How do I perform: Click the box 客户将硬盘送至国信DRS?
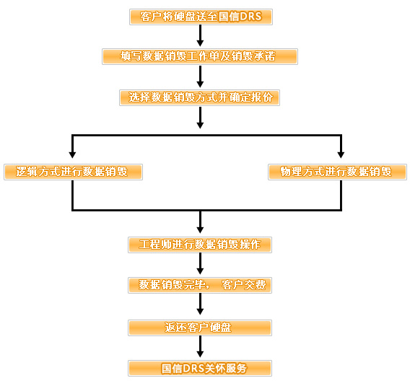201,17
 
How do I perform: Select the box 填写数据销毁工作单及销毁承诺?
200,56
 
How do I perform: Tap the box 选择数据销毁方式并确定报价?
199,98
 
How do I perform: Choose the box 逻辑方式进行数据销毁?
73,172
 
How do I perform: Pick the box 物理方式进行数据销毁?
337,172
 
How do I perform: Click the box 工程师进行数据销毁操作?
200,245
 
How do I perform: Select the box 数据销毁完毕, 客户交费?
200,285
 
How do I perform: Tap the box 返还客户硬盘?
200,328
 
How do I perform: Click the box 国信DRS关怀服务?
200,368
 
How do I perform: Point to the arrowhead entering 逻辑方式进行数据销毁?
72,154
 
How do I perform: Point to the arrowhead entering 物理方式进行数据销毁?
341,154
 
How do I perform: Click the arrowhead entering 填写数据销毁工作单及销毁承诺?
200,43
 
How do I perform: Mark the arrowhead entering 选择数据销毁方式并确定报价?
200,84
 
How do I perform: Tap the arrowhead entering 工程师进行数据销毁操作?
200,229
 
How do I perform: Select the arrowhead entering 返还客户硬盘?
200,311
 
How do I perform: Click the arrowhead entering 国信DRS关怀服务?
200,354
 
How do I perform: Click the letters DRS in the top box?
250,17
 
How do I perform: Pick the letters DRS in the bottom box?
193,368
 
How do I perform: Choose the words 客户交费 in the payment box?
244,285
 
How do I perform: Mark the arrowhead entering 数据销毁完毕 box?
200,271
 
